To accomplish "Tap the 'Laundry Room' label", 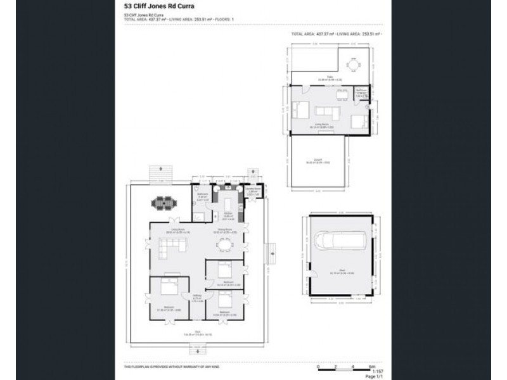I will coord(250,190).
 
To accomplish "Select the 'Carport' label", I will coord(318,160).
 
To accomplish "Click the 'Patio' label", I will coord(321,78).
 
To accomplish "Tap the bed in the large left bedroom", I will coord(168,288).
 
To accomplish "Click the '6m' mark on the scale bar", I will coord(372,366).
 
